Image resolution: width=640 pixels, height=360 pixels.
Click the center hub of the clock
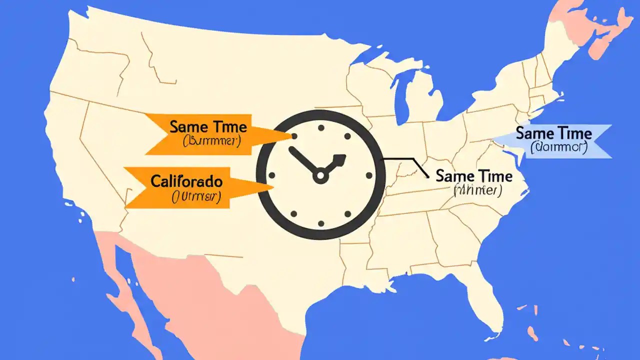(320, 175)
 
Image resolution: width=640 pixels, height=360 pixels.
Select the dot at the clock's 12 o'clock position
(320, 128)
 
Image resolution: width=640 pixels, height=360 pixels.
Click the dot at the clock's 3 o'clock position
(369, 175)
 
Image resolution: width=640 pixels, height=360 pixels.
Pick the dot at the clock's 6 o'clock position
(320, 223)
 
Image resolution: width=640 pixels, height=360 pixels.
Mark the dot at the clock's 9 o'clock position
(272, 175)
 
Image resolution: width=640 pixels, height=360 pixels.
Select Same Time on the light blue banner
(553, 134)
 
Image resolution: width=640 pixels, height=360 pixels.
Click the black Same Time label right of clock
(474, 176)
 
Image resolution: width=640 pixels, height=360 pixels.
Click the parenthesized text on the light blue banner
(558, 147)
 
